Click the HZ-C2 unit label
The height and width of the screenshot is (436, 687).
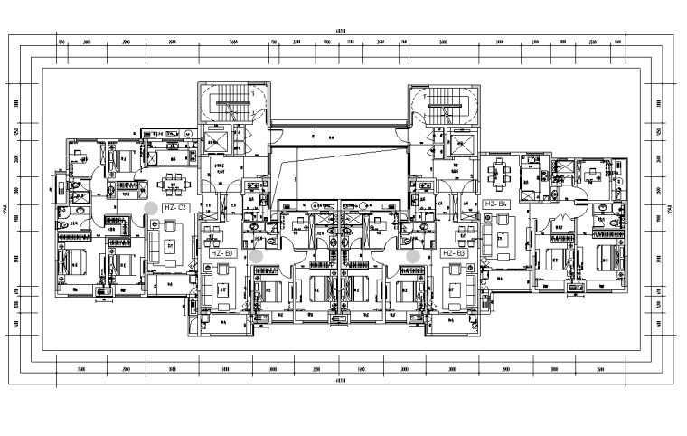(174, 207)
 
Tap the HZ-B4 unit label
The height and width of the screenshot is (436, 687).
(498, 204)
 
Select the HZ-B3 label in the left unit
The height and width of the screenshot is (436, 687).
(222, 254)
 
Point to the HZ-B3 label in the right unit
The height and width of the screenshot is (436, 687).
(454, 254)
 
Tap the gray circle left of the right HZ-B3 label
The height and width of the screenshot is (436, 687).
(413, 257)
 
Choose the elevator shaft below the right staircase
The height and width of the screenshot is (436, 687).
(462, 142)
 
